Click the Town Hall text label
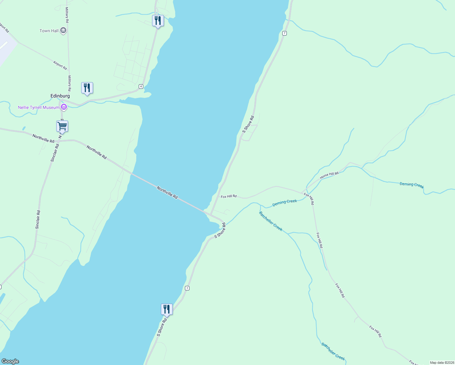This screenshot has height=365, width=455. (49, 31)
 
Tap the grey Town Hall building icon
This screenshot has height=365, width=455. (63, 30)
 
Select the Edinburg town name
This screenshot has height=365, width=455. (60, 96)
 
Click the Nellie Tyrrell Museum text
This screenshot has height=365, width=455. (39, 107)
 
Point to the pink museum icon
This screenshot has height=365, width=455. (64, 107)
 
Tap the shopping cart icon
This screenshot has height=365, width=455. (62, 126)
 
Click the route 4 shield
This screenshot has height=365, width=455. (141, 87)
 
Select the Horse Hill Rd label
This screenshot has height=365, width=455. (329, 175)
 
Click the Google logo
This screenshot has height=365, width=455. (10, 361)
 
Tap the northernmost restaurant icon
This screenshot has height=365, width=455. (158, 21)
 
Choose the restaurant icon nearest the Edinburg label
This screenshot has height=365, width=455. (87, 88)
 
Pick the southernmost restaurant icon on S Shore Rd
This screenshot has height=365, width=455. (167, 309)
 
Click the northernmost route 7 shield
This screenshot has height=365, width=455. (284, 33)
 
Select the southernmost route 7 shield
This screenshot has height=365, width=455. (187, 288)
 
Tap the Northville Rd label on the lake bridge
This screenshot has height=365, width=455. (167, 193)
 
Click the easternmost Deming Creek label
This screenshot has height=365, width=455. (412, 185)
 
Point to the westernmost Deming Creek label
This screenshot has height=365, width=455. (284, 203)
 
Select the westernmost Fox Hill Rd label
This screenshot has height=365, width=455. (229, 196)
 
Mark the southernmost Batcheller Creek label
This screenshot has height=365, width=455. (333, 351)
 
